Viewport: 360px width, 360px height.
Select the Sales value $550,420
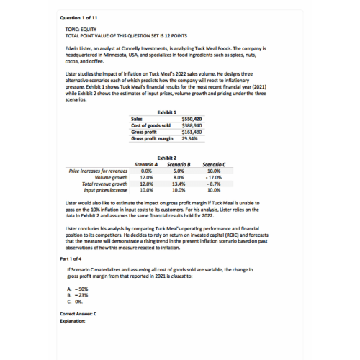(x=192, y=118)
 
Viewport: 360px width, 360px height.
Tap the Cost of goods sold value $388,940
(x=192, y=125)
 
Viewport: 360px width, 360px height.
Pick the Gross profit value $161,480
(x=192, y=131)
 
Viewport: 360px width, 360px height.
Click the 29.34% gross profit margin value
(x=189, y=138)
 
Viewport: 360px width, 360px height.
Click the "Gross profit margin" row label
(x=152, y=138)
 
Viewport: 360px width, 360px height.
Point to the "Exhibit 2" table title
(x=166, y=158)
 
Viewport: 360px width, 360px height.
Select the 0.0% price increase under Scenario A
(x=147, y=171)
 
